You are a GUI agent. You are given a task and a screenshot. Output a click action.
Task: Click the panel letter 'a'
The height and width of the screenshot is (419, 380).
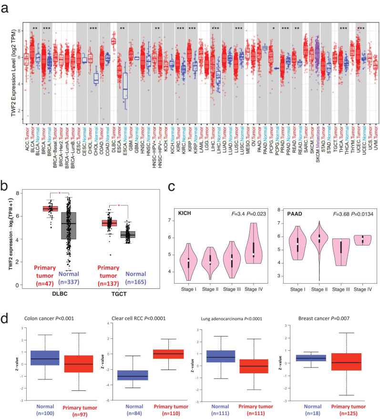[x=6, y=8]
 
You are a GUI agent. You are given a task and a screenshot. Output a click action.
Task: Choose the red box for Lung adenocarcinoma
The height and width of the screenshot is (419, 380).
[x=254, y=367]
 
